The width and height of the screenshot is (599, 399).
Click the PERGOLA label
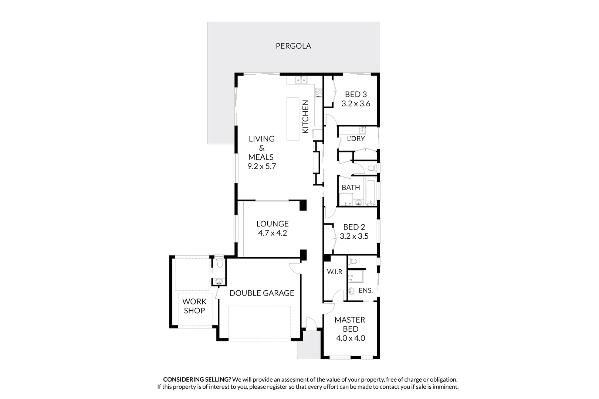tap(293, 46)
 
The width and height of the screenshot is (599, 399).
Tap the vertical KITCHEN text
tap(305, 117)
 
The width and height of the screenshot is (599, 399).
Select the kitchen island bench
tap(293, 119)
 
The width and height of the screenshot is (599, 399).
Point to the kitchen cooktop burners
tap(318, 93)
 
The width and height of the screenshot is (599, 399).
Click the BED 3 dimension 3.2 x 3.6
tap(356, 104)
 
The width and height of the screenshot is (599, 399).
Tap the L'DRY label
tap(356, 139)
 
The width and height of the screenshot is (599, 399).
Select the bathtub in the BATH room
tap(370, 191)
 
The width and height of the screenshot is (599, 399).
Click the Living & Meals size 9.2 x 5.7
tap(262, 166)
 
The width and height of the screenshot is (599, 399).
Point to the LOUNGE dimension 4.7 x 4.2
tap(273, 233)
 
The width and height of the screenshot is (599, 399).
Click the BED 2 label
tap(354, 227)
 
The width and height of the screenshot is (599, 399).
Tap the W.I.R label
tap(334, 272)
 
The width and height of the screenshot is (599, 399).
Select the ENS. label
tap(365, 290)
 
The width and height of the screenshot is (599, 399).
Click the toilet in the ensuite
tap(353, 261)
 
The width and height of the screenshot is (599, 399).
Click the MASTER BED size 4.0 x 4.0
tap(350, 338)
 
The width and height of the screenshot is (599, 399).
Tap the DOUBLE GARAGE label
tap(262, 293)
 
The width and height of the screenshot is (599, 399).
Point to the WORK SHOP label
tap(194, 306)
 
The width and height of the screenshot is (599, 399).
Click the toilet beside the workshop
tap(219, 263)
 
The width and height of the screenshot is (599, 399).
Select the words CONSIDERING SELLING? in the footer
tap(197, 379)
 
